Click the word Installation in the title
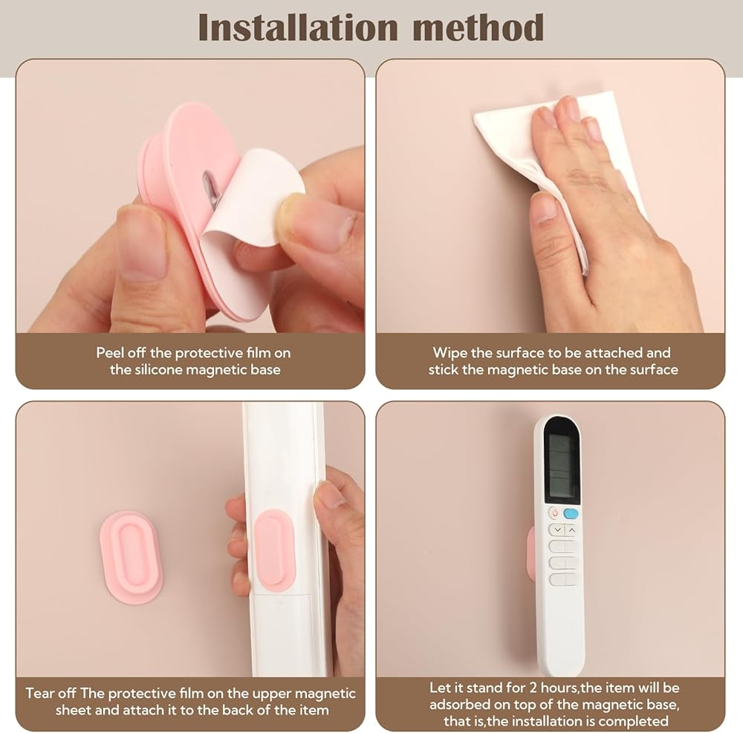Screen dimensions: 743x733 point(298,28)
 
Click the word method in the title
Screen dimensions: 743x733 point(478,28)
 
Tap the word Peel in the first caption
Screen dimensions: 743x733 point(111,353)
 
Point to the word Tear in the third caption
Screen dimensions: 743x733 point(39,693)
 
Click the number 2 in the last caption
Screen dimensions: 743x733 point(533,688)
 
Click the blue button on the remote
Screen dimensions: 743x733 point(571,513)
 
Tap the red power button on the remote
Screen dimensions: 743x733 point(554,513)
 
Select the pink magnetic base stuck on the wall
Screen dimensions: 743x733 point(132,557)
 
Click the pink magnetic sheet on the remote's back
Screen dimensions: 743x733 point(275,550)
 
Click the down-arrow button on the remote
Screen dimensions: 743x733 point(557,529)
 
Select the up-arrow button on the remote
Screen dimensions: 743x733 point(571,529)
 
